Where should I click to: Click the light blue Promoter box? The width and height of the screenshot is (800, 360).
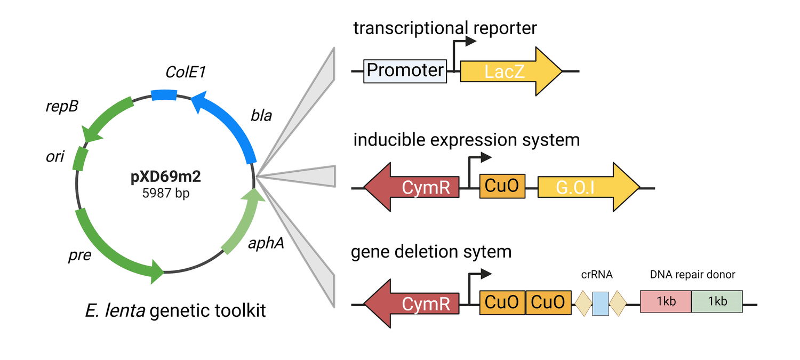click(405, 70)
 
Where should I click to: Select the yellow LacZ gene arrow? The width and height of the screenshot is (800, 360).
click(507, 71)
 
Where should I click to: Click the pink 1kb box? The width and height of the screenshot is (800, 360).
click(666, 301)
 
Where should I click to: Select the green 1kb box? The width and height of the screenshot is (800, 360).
click(717, 301)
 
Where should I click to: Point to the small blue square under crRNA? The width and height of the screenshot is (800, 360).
click(600, 303)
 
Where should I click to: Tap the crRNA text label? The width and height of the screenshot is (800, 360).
click(597, 275)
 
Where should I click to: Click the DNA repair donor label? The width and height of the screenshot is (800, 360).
click(692, 275)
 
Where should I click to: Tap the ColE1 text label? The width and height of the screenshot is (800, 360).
click(185, 72)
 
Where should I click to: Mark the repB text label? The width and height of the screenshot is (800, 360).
click(61, 106)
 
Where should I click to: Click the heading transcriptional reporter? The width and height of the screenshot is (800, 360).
click(445, 28)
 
